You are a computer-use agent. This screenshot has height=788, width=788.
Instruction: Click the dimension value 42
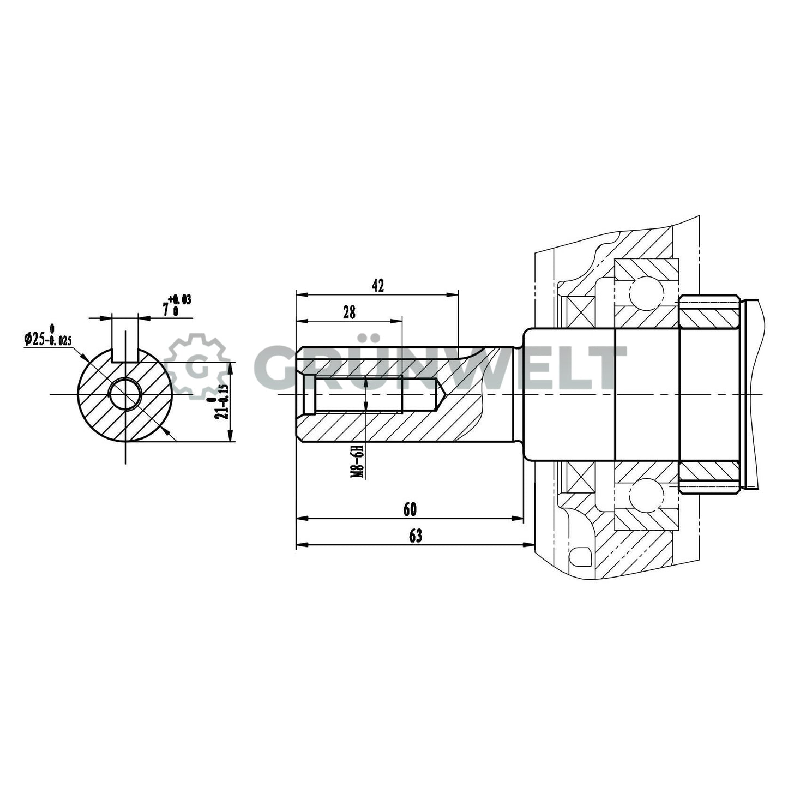pos(377,285)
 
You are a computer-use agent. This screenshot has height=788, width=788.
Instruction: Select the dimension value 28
pos(349,312)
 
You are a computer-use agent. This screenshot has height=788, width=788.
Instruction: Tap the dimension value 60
pos(410,509)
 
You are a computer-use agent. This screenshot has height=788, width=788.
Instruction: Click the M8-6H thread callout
pos(357,461)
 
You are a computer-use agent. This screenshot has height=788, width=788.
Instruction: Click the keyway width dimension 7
pos(166,309)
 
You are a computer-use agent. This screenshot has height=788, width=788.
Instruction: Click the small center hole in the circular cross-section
pos(125,394)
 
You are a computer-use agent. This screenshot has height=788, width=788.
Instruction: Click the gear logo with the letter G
pos(197,366)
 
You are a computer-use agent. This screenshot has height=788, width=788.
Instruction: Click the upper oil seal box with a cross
pos(580,312)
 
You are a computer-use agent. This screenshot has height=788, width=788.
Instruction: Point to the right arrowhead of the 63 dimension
pos(529,544)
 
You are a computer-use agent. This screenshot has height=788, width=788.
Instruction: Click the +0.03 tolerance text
pos(180,299)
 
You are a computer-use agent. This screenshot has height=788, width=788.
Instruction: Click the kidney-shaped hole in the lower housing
pos(580,557)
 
